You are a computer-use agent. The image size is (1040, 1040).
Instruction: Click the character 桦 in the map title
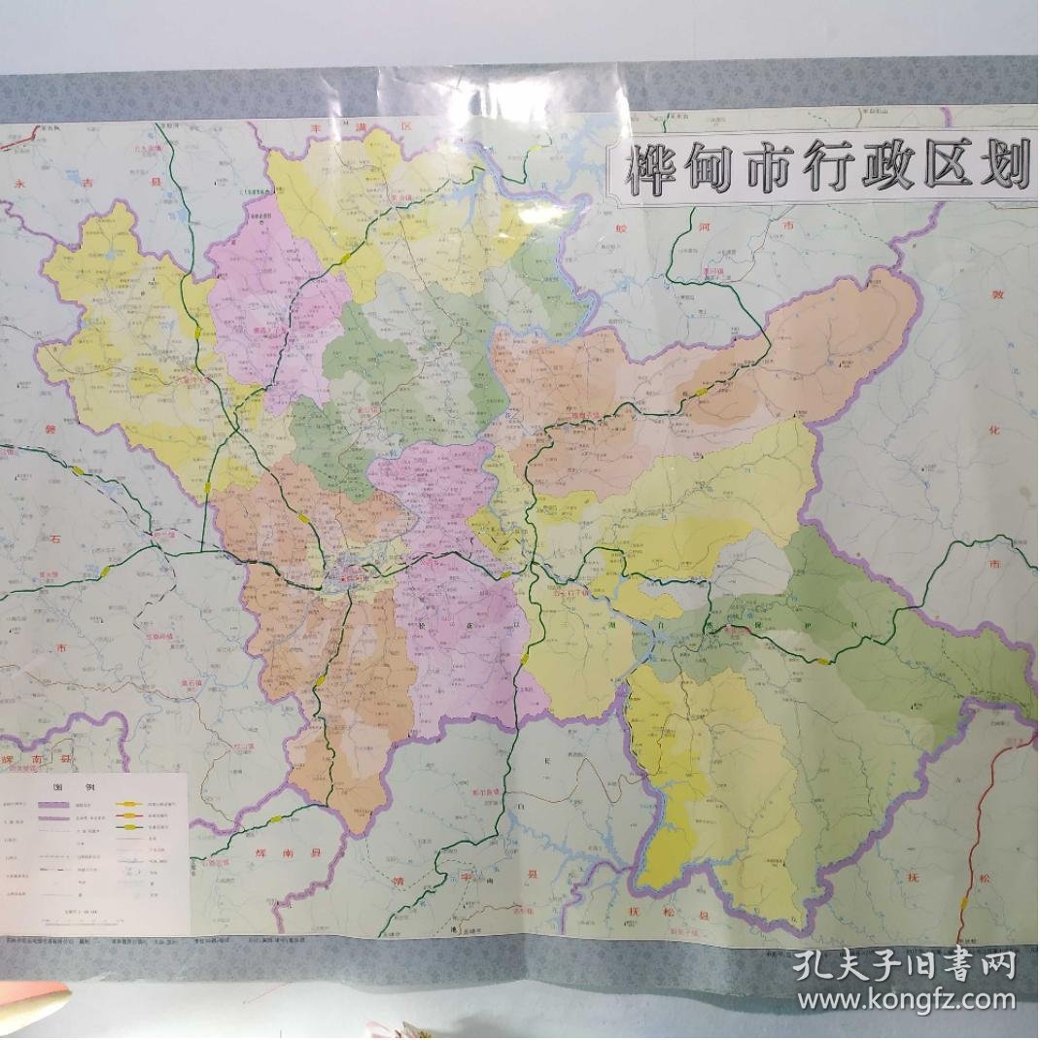649,173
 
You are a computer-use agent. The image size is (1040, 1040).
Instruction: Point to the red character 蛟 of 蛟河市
622,228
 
